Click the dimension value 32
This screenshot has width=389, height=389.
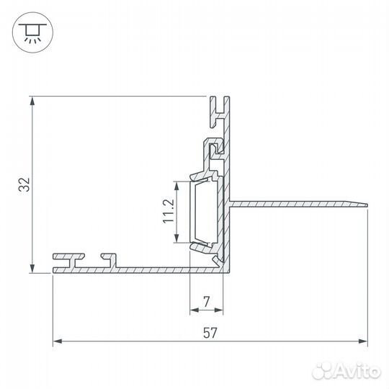[24, 184]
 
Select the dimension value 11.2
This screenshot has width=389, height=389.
[169, 211]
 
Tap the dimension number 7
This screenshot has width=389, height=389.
[207, 302]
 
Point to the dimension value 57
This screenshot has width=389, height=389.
[210, 333]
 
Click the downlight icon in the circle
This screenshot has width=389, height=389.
[32, 32]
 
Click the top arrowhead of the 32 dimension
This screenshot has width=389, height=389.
[32, 102]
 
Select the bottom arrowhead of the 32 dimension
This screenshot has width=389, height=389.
[32, 269]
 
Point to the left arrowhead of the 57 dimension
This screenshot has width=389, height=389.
[58, 341]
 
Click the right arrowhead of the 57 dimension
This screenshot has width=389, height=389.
[362, 341]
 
